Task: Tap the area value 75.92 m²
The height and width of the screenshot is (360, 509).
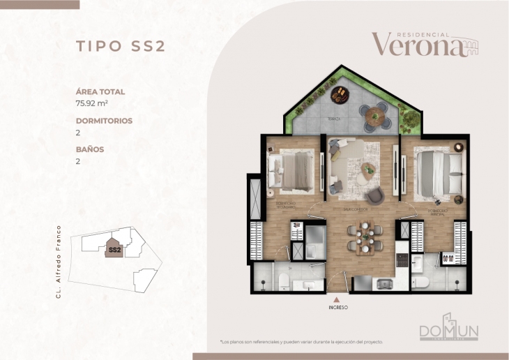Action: [x=95, y=103]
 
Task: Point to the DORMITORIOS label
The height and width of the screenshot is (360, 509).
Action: [x=104, y=120]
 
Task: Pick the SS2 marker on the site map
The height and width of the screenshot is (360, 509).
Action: [x=115, y=248]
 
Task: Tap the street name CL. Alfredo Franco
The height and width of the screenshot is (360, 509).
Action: [x=60, y=261]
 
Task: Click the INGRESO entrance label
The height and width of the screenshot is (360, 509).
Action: [x=338, y=307]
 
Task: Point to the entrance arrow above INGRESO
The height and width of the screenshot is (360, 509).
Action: [x=338, y=298]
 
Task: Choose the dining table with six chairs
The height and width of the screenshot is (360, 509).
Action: [x=365, y=236]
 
